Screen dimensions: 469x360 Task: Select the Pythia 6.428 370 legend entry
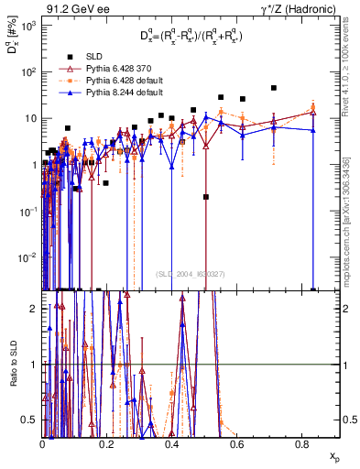click(x=104, y=69)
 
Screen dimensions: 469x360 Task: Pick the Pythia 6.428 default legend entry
click(x=108, y=81)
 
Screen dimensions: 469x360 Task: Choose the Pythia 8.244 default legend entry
click(x=108, y=93)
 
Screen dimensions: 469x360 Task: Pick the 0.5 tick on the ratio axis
click(x=33, y=420)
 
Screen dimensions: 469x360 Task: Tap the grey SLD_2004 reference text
click(x=191, y=273)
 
